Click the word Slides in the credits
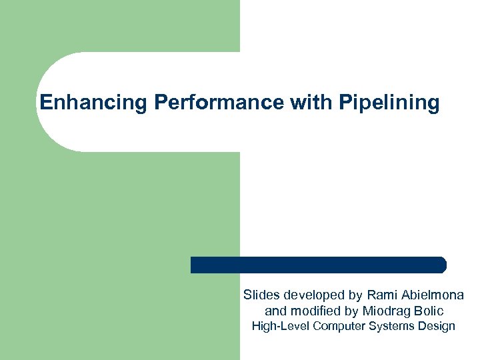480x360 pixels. tap(262, 295)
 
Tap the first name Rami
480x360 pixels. tap(381, 295)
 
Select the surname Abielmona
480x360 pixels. tap(434, 295)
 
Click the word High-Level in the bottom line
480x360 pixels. tap(279, 326)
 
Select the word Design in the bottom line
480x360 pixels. tap(436, 327)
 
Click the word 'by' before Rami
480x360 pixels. tap(353, 295)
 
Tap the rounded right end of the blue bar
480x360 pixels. tap(441, 265)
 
